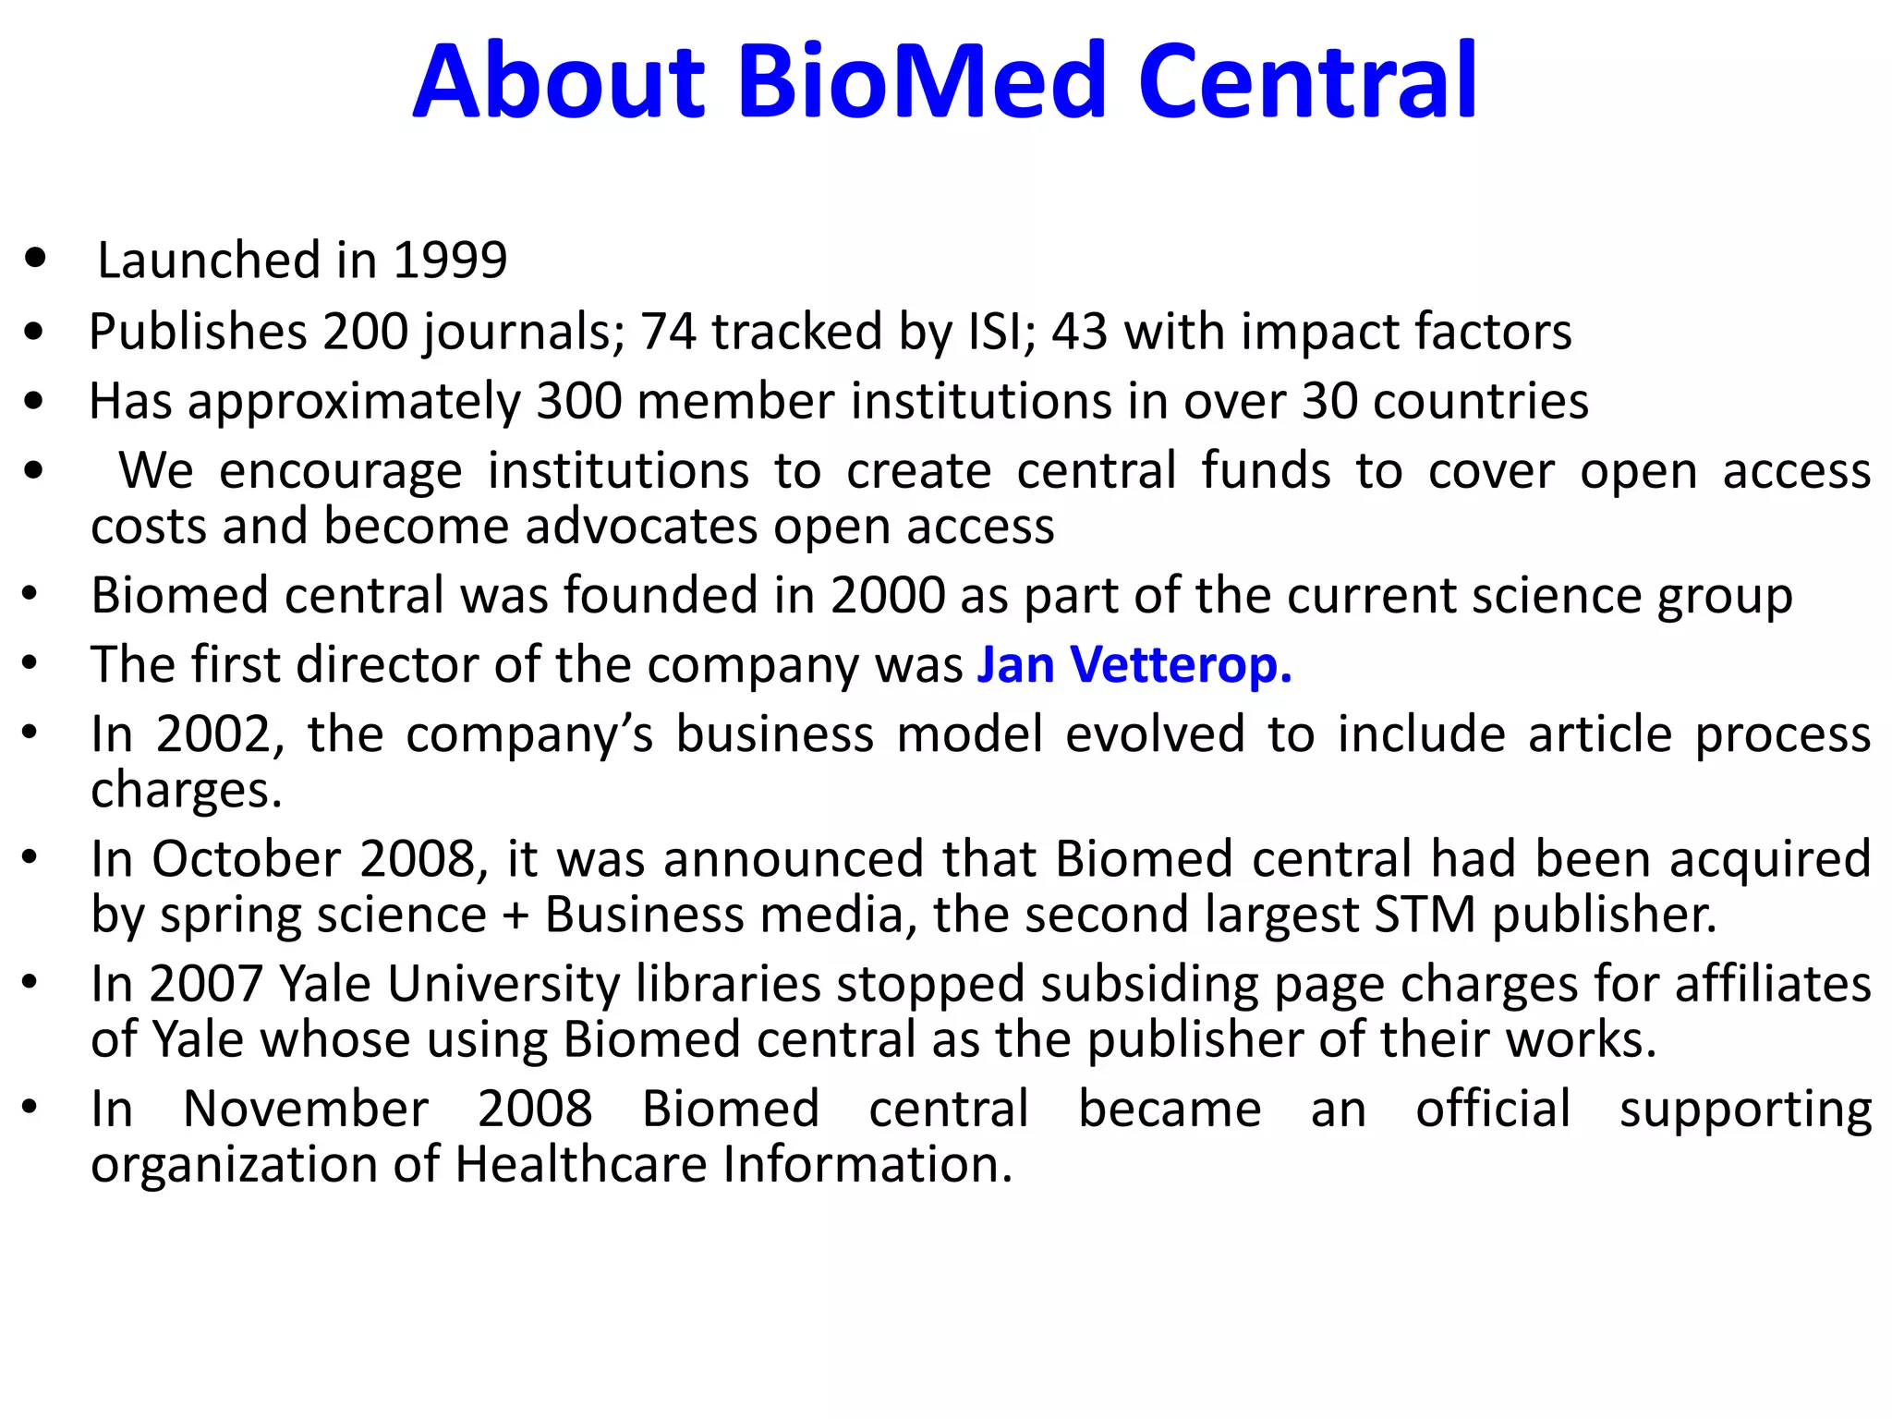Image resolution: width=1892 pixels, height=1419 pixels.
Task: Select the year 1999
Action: tap(450, 260)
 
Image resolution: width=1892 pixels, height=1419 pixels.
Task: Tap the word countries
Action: tap(1480, 401)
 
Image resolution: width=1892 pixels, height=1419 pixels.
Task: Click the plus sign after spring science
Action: tap(515, 916)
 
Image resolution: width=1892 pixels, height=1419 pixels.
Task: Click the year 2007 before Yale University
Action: tap(207, 984)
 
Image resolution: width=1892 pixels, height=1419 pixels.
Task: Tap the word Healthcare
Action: tap(582, 1164)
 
